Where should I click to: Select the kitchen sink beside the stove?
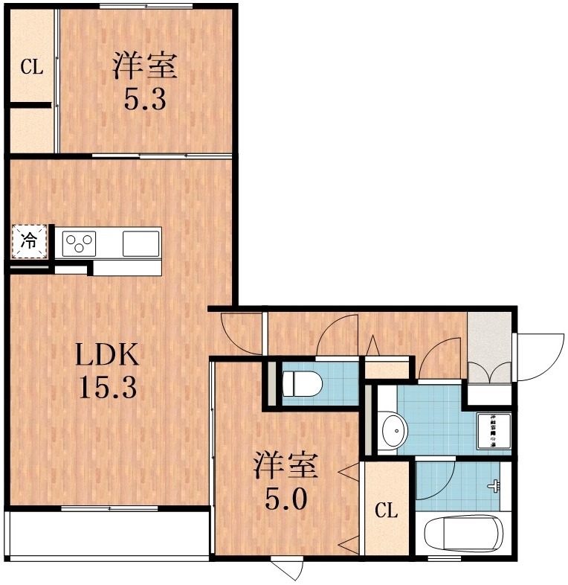point(140,242)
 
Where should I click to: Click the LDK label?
point(109,357)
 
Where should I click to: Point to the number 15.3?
point(109,388)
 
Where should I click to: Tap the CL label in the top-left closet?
point(31,68)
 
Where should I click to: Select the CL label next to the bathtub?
point(385,511)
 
